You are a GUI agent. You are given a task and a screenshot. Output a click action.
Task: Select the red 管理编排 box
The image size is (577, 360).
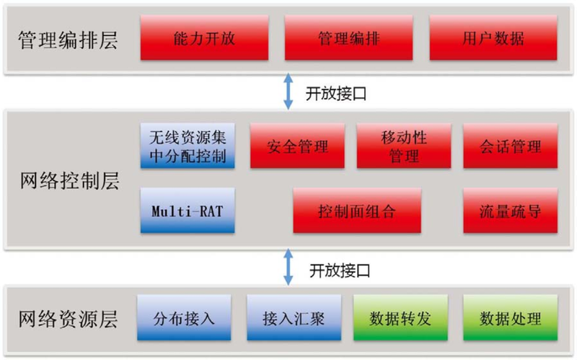tap(348, 39)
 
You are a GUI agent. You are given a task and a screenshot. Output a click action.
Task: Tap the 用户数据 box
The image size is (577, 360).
tap(493, 39)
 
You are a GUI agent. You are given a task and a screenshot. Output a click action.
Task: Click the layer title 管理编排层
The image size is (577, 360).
tap(67, 39)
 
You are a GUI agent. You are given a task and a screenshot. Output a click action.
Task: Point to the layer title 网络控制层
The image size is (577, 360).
tap(67, 181)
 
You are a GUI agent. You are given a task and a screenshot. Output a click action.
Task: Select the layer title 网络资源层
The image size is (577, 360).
tap(67, 317)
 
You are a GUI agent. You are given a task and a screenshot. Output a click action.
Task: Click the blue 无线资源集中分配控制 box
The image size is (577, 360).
tap(188, 145)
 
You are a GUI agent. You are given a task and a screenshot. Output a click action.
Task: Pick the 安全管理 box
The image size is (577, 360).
tap(297, 146)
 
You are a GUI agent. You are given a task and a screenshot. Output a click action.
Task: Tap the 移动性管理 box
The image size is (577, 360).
tap(404, 146)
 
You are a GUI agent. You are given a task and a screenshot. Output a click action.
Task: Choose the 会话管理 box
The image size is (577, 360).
tap(511, 146)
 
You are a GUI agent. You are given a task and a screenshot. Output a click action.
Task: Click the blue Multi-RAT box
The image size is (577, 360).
tap(188, 211)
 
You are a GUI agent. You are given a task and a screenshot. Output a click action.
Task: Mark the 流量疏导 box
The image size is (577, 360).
tap(511, 211)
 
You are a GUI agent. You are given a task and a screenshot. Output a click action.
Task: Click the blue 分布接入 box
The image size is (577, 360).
tap(184, 318)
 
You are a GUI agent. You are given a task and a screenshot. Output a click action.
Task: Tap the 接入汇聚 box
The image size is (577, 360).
tap(291, 318)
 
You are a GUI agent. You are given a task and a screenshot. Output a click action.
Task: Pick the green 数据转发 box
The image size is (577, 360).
tap(399, 318)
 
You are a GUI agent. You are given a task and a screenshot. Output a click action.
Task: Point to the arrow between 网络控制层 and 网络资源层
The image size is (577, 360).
tap(288, 268)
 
